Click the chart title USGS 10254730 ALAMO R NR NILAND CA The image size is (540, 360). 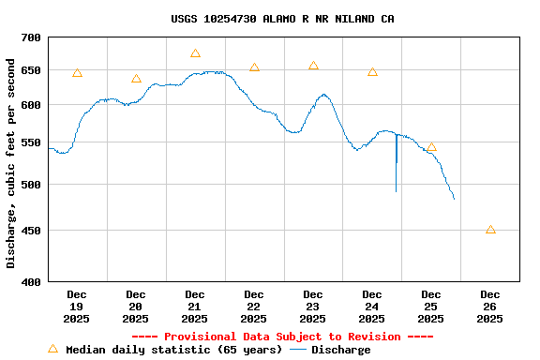[x=282, y=19]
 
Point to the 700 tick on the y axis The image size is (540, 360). [x=31, y=37]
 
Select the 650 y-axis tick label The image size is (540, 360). [x=31, y=70]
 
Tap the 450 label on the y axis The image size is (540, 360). [x=31, y=231]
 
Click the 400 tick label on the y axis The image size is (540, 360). [x=31, y=281]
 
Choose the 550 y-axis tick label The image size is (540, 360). [x=31, y=142]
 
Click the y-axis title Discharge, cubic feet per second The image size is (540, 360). [x=11, y=163]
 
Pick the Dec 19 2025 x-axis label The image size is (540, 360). [x=77, y=307]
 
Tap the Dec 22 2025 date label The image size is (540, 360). [x=254, y=307]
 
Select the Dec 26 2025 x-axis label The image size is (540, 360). [x=489, y=307]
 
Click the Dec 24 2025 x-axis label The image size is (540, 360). [x=372, y=307]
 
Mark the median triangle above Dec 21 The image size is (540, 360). [x=195, y=53]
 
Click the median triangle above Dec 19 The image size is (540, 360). [x=77, y=73]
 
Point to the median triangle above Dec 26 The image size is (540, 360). [x=490, y=230]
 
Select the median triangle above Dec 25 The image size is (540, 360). [x=431, y=147]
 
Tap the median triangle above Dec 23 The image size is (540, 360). [x=313, y=66]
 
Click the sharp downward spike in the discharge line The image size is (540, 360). [x=396, y=178]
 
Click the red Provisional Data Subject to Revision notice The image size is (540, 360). [x=282, y=337]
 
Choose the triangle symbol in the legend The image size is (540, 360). [x=52, y=349]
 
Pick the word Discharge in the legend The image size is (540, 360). [x=340, y=350]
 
